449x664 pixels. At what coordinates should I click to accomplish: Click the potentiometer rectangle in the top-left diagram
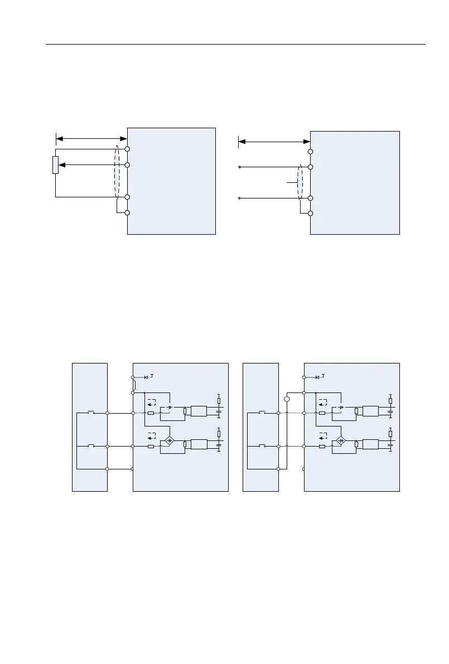pos(55,165)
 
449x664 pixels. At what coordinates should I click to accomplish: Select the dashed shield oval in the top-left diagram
pos(117,171)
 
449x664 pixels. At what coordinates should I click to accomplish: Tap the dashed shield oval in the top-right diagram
pos(300,182)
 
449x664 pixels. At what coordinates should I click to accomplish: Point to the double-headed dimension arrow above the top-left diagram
pos(91,138)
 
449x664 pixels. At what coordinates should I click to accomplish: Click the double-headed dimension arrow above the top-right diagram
pos(274,141)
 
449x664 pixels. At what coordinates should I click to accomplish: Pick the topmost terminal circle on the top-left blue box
pos(127,149)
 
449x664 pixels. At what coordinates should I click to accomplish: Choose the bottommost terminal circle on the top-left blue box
pos(127,212)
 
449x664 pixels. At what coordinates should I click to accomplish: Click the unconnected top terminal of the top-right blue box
pos(310,151)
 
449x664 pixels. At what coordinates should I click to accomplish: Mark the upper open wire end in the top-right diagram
pos(240,167)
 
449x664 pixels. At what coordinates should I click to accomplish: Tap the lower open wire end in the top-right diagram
pos(240,198)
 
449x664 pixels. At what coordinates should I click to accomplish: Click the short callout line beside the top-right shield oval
pos(292,182)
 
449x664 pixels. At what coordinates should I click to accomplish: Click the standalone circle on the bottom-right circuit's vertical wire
pos(287,399)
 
